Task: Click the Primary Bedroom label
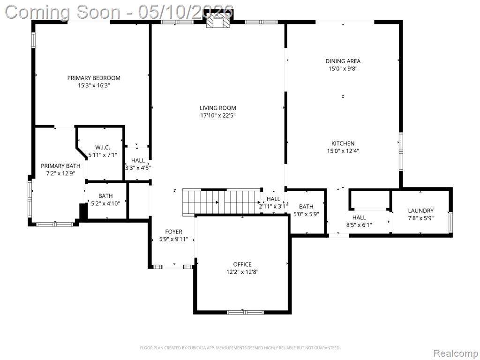click(94, 78)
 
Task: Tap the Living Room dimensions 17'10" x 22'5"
click(217, 115)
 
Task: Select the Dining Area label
click(343, 61)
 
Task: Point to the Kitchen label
click(343, 143)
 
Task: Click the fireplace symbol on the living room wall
click(217, 22)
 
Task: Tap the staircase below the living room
click(223, 202)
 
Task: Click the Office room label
click(242, 264)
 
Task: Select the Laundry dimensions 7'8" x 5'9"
click(420, 218)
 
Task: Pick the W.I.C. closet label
click(103, 148)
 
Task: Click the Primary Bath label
click(60, 166)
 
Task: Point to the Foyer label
click(173, 232)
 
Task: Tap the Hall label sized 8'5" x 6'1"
click(359, 217)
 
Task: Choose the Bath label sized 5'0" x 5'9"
click(306, 207)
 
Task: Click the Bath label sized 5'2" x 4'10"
click(105, 196)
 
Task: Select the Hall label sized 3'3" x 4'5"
click(138, 160)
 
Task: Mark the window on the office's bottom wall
click(245, 312)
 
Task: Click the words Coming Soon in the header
click(63, 13)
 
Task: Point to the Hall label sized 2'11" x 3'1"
click(273, 199)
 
